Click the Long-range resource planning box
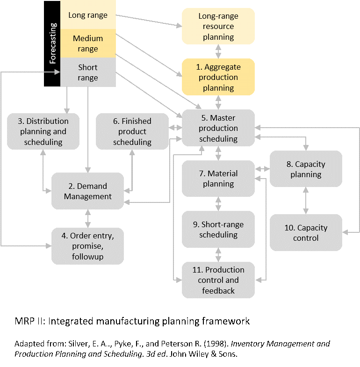218,26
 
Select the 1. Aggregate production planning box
218,77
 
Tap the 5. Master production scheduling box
218,128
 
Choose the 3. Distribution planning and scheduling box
43,131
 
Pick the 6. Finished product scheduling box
132,131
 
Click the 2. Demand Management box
88,191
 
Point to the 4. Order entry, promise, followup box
88,246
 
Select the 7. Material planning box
218,179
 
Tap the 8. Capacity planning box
306,169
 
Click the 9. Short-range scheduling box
218,229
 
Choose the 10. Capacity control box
306,233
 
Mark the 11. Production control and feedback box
218,280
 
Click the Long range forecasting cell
88,15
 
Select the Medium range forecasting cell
88,43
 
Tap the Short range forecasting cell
88,72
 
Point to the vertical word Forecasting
53,43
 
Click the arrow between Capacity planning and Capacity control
306,201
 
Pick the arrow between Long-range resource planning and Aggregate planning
218,51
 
